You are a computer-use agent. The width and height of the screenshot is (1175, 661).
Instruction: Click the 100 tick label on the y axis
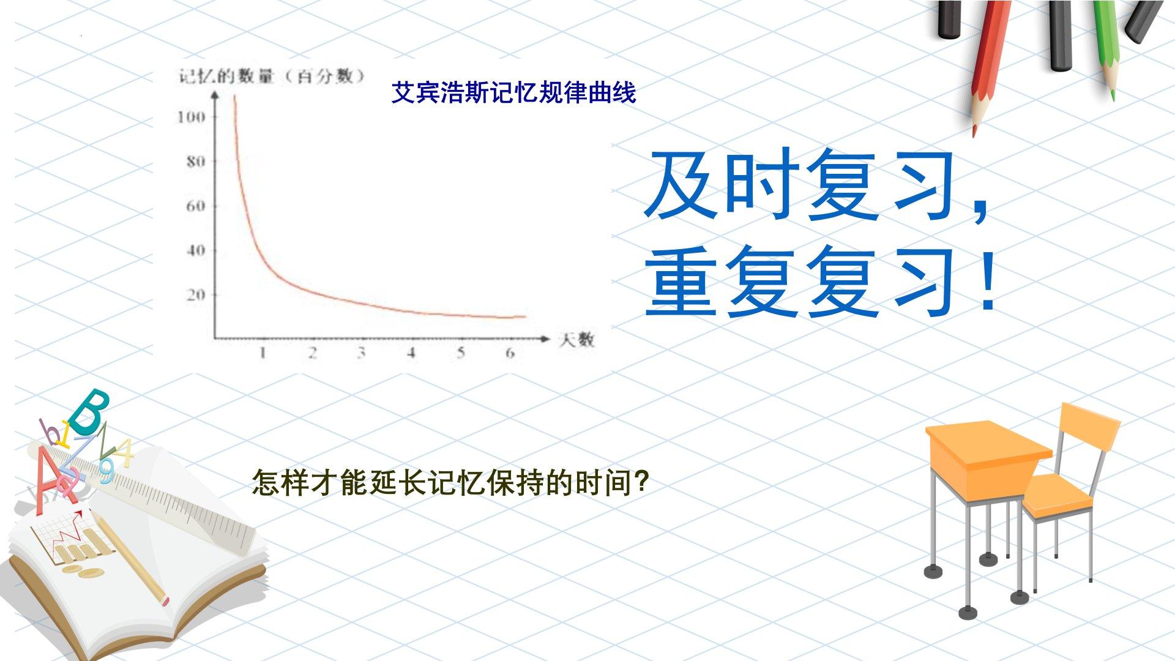click(x=190, y=117)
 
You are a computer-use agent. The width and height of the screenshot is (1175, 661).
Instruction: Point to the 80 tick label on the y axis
click(x=195, y=162)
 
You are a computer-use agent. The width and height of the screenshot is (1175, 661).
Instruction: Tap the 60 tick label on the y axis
click(x=195, y=206)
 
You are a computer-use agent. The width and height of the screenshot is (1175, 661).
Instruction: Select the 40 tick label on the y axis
click(x=195, y=250)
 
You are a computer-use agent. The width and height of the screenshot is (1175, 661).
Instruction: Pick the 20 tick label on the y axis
click(x=195, y=295)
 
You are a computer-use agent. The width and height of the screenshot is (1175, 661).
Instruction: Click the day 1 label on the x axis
click(x=263, y=353)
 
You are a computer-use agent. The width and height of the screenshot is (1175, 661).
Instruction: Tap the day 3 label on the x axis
click(x=362, y=353)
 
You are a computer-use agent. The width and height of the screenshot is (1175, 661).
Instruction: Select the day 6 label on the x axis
click(x=510, y=353)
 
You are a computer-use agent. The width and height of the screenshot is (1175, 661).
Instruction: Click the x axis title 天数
click(x=576, y=340)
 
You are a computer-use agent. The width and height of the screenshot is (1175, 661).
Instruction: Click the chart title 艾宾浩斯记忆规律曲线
click(x=513, y=93)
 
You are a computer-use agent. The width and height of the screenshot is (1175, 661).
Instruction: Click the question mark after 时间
click(x=640, y=484)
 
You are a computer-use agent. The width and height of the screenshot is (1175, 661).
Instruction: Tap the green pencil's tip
click(x=1113, y=96)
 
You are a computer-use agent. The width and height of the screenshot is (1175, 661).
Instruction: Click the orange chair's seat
click(x=1057, y=495)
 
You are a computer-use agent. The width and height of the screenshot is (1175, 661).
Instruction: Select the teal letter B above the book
click(x=89, y=411)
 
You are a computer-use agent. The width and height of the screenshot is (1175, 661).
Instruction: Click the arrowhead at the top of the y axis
click(x=215, y=96)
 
